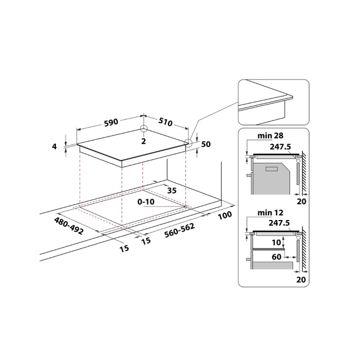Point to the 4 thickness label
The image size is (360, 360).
(x=54, y=146)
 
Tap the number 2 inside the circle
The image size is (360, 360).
(x=144, y=141)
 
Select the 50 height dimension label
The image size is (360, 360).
(x=206, y=144)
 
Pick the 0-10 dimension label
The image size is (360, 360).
(x=146, y=202)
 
